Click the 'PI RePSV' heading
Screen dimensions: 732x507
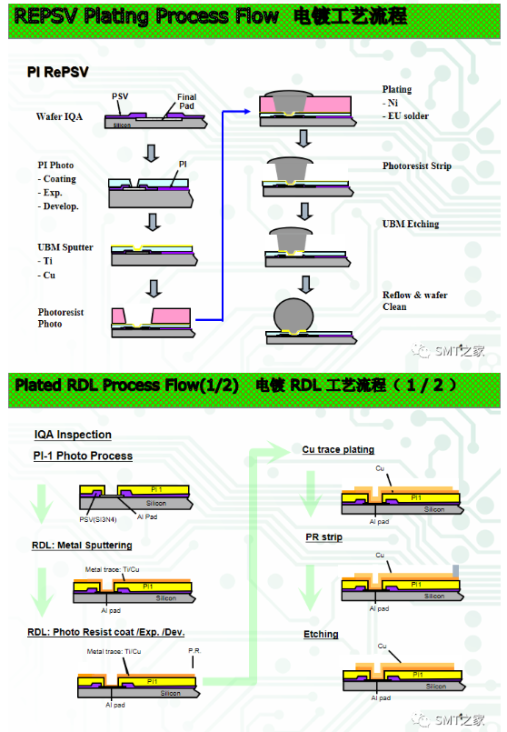[58, 72]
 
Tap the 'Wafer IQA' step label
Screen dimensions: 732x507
[59, 117]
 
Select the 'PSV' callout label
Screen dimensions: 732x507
[120, 96]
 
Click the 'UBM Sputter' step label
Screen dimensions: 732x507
[65, 247]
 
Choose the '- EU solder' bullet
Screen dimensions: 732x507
[405, 116]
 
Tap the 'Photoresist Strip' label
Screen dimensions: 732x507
[417, 166]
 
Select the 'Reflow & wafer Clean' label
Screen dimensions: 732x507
[415, 301]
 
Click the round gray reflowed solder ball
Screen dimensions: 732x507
[293, 316]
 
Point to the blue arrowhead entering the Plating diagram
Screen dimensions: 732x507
[247, 111]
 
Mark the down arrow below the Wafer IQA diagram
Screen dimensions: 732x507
[151, 153]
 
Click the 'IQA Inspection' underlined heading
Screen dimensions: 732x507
[73, 435]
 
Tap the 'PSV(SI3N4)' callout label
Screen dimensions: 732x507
[98, 519]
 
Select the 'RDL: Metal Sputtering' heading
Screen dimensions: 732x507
[82, 545]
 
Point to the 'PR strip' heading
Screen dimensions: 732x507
[324, 537]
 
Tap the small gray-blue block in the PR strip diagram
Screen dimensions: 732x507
[455, 571]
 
